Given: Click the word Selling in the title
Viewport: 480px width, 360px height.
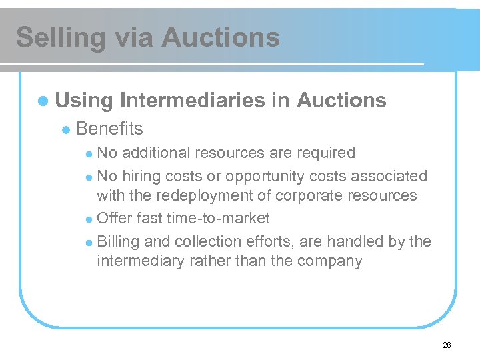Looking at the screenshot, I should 60,37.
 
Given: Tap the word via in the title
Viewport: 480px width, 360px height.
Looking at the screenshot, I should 133,37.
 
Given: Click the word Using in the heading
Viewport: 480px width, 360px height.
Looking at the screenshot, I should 84,101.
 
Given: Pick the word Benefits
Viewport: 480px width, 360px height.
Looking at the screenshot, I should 110,129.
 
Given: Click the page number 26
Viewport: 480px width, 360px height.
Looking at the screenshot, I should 447,345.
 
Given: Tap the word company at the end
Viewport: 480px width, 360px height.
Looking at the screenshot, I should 329,261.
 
